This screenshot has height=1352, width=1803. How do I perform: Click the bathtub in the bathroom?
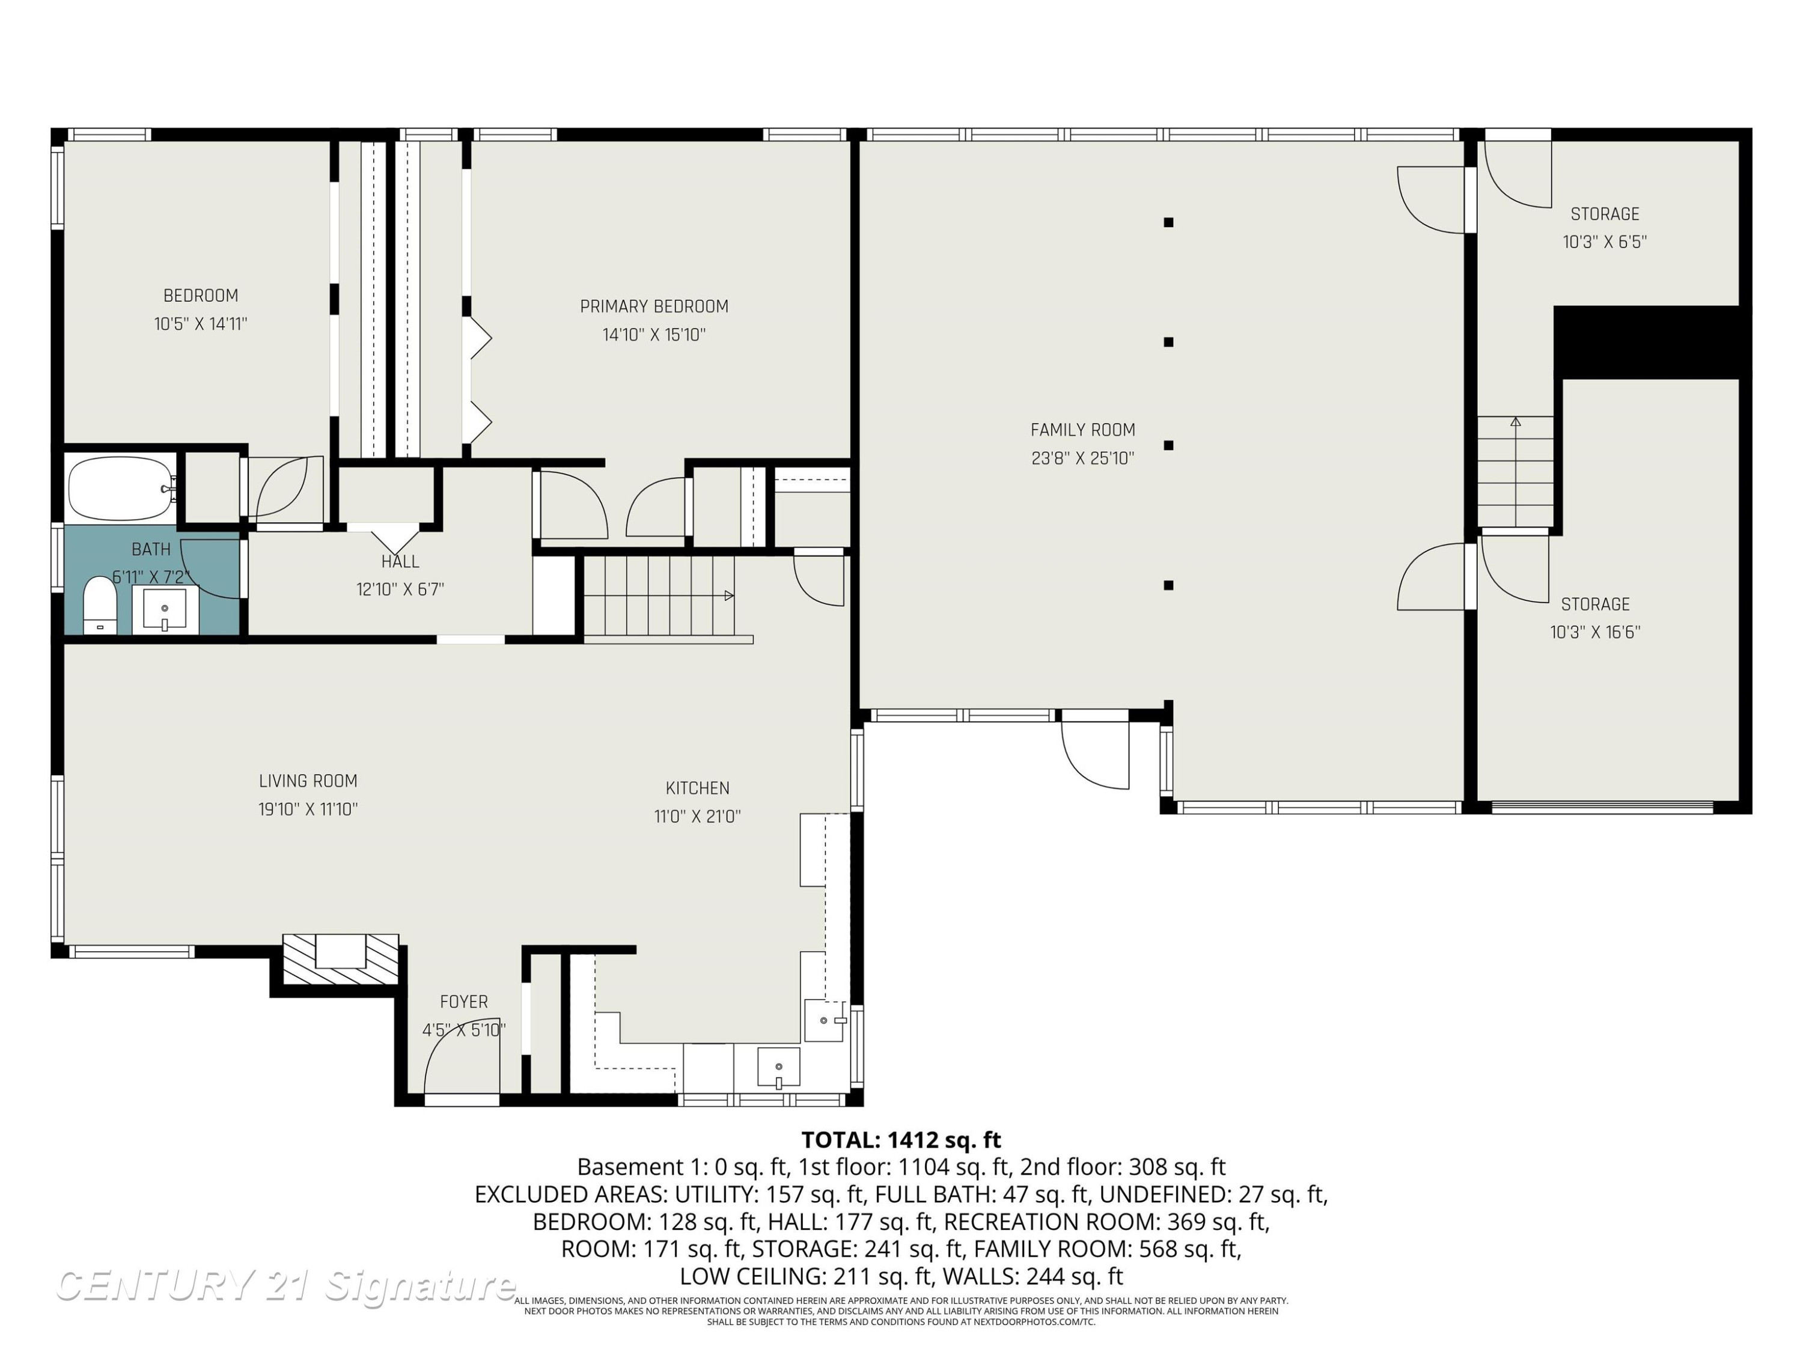click(121, 488)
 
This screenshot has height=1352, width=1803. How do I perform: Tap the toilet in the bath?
click(101, 604)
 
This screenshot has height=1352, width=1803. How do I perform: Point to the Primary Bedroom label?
click(654, 306)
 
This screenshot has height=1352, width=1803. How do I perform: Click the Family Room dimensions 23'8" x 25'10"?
click(1082, 458)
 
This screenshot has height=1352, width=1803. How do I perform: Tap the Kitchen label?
click(697, 788)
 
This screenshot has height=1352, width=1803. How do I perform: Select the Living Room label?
click(308, 781)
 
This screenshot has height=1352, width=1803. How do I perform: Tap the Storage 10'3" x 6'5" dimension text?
click(1604, 242)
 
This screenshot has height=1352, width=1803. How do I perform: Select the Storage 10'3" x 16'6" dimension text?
click(1595, 632)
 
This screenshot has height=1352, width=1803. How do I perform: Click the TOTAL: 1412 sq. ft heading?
click(901, 1139)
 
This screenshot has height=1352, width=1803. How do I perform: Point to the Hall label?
click(400, 561)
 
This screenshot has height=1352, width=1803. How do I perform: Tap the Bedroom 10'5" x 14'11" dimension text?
click(201, 323)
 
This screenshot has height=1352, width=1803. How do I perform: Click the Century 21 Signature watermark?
click(285, 1285)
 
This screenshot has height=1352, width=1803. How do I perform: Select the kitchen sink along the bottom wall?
click(778, 1068)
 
